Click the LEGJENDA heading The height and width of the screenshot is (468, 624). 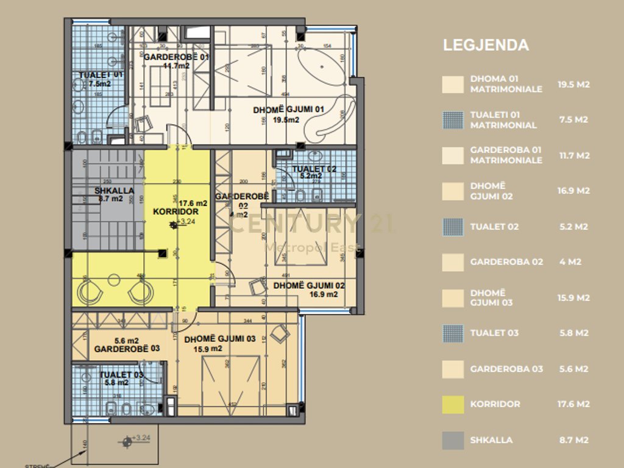(x=486, y=45)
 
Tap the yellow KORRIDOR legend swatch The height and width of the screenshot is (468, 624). (x=453, y=404)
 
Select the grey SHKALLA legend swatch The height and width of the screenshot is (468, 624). (x=453, y=440)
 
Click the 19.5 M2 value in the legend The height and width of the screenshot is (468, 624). (x=573, y=84)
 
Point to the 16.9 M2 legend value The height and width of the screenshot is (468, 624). (x=573, y=191)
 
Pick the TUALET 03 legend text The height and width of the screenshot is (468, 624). (x=494, y=333)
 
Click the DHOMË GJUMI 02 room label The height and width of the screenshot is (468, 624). (x=309, y=285)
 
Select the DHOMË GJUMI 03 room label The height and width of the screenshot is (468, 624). (x=219, y=339)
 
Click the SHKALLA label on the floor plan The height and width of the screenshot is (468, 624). (x=114, y=191)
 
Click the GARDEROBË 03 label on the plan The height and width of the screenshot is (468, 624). (x=127, y=349)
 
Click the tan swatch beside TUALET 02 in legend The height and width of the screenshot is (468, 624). (x=453, y=227)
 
